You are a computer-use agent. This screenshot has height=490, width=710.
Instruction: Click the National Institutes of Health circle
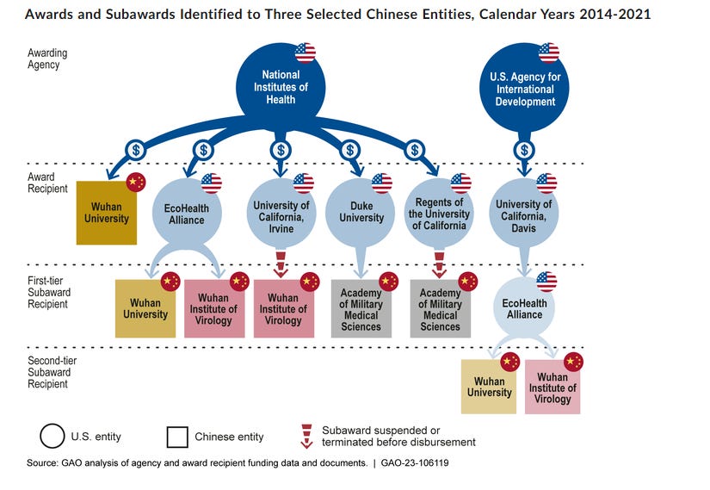[x=280, y=88]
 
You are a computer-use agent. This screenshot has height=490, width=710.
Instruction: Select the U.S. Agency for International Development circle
[x=524, y=89]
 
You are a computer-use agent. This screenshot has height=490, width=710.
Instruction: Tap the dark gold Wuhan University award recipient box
[x=106, y=212]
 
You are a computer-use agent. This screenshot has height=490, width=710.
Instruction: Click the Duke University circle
[x=361, y=211]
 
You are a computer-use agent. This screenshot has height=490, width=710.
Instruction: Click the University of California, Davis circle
[x=524, y=215]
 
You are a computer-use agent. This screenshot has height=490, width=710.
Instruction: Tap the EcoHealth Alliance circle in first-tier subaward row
[x=524, y=307]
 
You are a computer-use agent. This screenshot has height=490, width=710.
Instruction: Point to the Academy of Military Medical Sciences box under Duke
[x=361, y=308]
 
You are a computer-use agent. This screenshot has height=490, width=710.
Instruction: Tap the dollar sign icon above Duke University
[x=351, y=148]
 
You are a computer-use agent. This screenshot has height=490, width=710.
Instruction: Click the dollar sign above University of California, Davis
[x=524, y=148]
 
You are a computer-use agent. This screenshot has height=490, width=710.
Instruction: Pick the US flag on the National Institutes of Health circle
[x=306, y=53]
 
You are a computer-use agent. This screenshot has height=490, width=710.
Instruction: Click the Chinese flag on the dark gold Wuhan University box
[x=136, y=183]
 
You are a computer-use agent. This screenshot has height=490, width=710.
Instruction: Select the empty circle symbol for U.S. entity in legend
[x=52, y=436]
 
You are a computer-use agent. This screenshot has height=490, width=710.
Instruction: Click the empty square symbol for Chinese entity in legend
[x=177, y=436]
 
